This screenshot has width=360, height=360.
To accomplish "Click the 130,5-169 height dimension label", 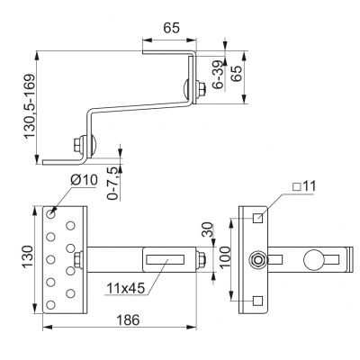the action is click(30, 106).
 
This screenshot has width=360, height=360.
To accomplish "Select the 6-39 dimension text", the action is click(218, 75).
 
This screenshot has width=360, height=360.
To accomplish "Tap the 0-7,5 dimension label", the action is click(112, 183).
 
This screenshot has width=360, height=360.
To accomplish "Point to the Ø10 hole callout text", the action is click(84, 180).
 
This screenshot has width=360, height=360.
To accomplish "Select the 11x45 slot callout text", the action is click(126, 288).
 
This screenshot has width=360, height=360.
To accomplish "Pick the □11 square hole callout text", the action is click(304, 186).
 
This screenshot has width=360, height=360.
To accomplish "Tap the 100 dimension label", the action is click(226, 256).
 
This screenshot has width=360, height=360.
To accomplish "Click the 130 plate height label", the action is click(27, 256).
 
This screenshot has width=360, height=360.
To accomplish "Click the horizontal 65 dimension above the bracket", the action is click(171, 28).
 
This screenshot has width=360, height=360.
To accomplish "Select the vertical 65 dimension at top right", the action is click(236, 74).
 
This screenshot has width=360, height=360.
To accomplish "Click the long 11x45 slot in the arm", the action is click(165, 259).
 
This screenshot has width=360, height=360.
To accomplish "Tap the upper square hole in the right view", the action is click(258, 218).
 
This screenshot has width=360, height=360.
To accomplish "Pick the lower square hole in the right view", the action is click(258, 301).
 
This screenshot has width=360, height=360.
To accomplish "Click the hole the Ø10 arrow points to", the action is click(50, 214).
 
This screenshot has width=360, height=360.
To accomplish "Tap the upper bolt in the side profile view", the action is click(195, 89).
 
